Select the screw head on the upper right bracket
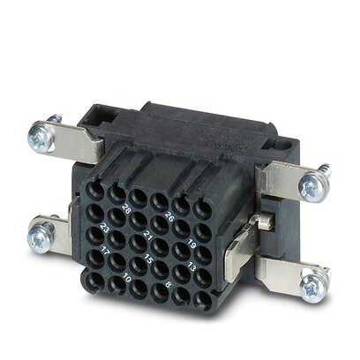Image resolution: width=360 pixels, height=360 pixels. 311,184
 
